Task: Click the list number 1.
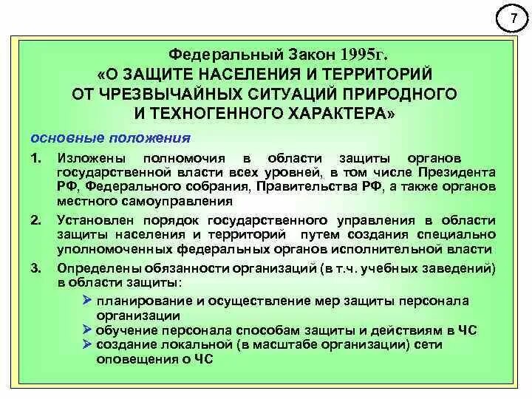coord(35,159)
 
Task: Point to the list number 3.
coord(35,267)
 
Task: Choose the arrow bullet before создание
coord(87,344)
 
